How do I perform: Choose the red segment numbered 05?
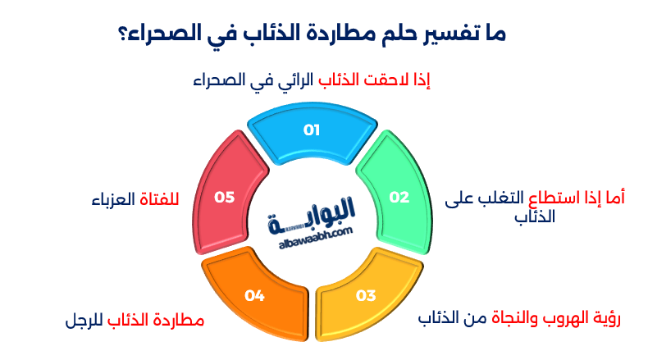[x=225, y=196]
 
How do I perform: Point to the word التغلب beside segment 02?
[x=501, y=197]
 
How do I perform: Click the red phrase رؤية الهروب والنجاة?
[x=545, y=317]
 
